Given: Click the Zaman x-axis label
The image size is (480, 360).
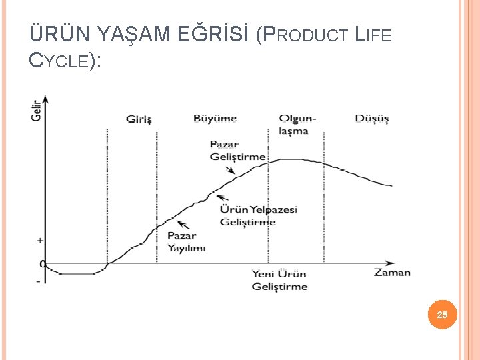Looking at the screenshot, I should point(392,272).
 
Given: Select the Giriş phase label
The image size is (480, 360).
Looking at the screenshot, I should point(139,120).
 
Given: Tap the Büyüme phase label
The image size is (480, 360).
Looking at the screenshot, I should point(215,119).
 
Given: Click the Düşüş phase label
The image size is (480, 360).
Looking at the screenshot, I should point(372,119).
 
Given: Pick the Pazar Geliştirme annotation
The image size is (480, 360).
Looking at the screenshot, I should point(237,151).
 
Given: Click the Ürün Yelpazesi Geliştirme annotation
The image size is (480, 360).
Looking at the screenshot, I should point(259,215).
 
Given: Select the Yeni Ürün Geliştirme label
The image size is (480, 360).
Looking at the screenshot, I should point(280,280).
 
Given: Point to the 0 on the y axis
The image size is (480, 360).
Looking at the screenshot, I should point(42,264).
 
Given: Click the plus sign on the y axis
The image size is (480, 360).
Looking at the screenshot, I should point(39,239).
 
